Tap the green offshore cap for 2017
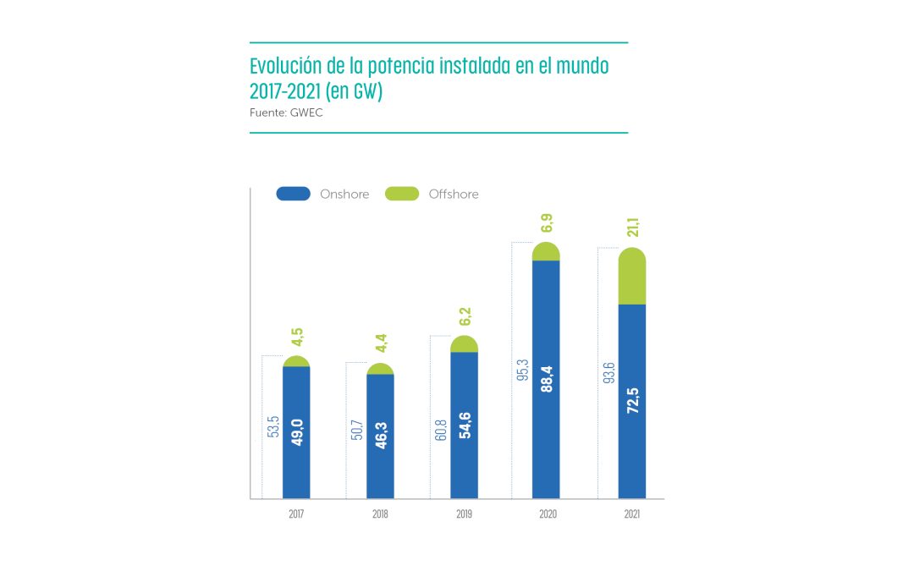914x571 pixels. tap(296, 362)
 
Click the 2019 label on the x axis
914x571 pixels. tap(464, 513)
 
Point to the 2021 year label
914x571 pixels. tap(631, 513)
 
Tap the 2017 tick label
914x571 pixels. tap(296, 513)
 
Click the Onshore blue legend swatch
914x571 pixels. tap(293, 194)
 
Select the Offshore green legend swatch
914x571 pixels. tap(401, 194)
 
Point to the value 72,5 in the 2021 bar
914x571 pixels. tap(632, 397)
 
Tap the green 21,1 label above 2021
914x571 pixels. tap(632, 228)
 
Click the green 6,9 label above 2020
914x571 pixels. tap(547, 224)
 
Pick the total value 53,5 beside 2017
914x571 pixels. tap(273, 426)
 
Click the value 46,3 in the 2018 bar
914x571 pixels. tap(380, 432)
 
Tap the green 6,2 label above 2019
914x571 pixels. tap(464, 317)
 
